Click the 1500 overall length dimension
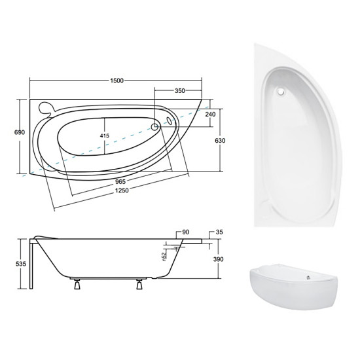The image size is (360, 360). click(x=117, y=81)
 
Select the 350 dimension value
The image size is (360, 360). click(x=180, y=91)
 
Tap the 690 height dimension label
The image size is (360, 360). click(x=20, y=132)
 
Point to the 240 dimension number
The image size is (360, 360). click(x=210, y=114)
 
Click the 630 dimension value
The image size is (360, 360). click(x=220, y=140)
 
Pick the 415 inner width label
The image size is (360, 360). click(x=105, y=136)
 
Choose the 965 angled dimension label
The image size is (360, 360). click(x=120, y=181)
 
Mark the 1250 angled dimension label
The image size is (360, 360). click(x=122, y=190)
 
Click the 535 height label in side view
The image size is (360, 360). click(x=21, y=264)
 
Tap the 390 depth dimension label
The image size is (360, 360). click(x=219, y=259)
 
